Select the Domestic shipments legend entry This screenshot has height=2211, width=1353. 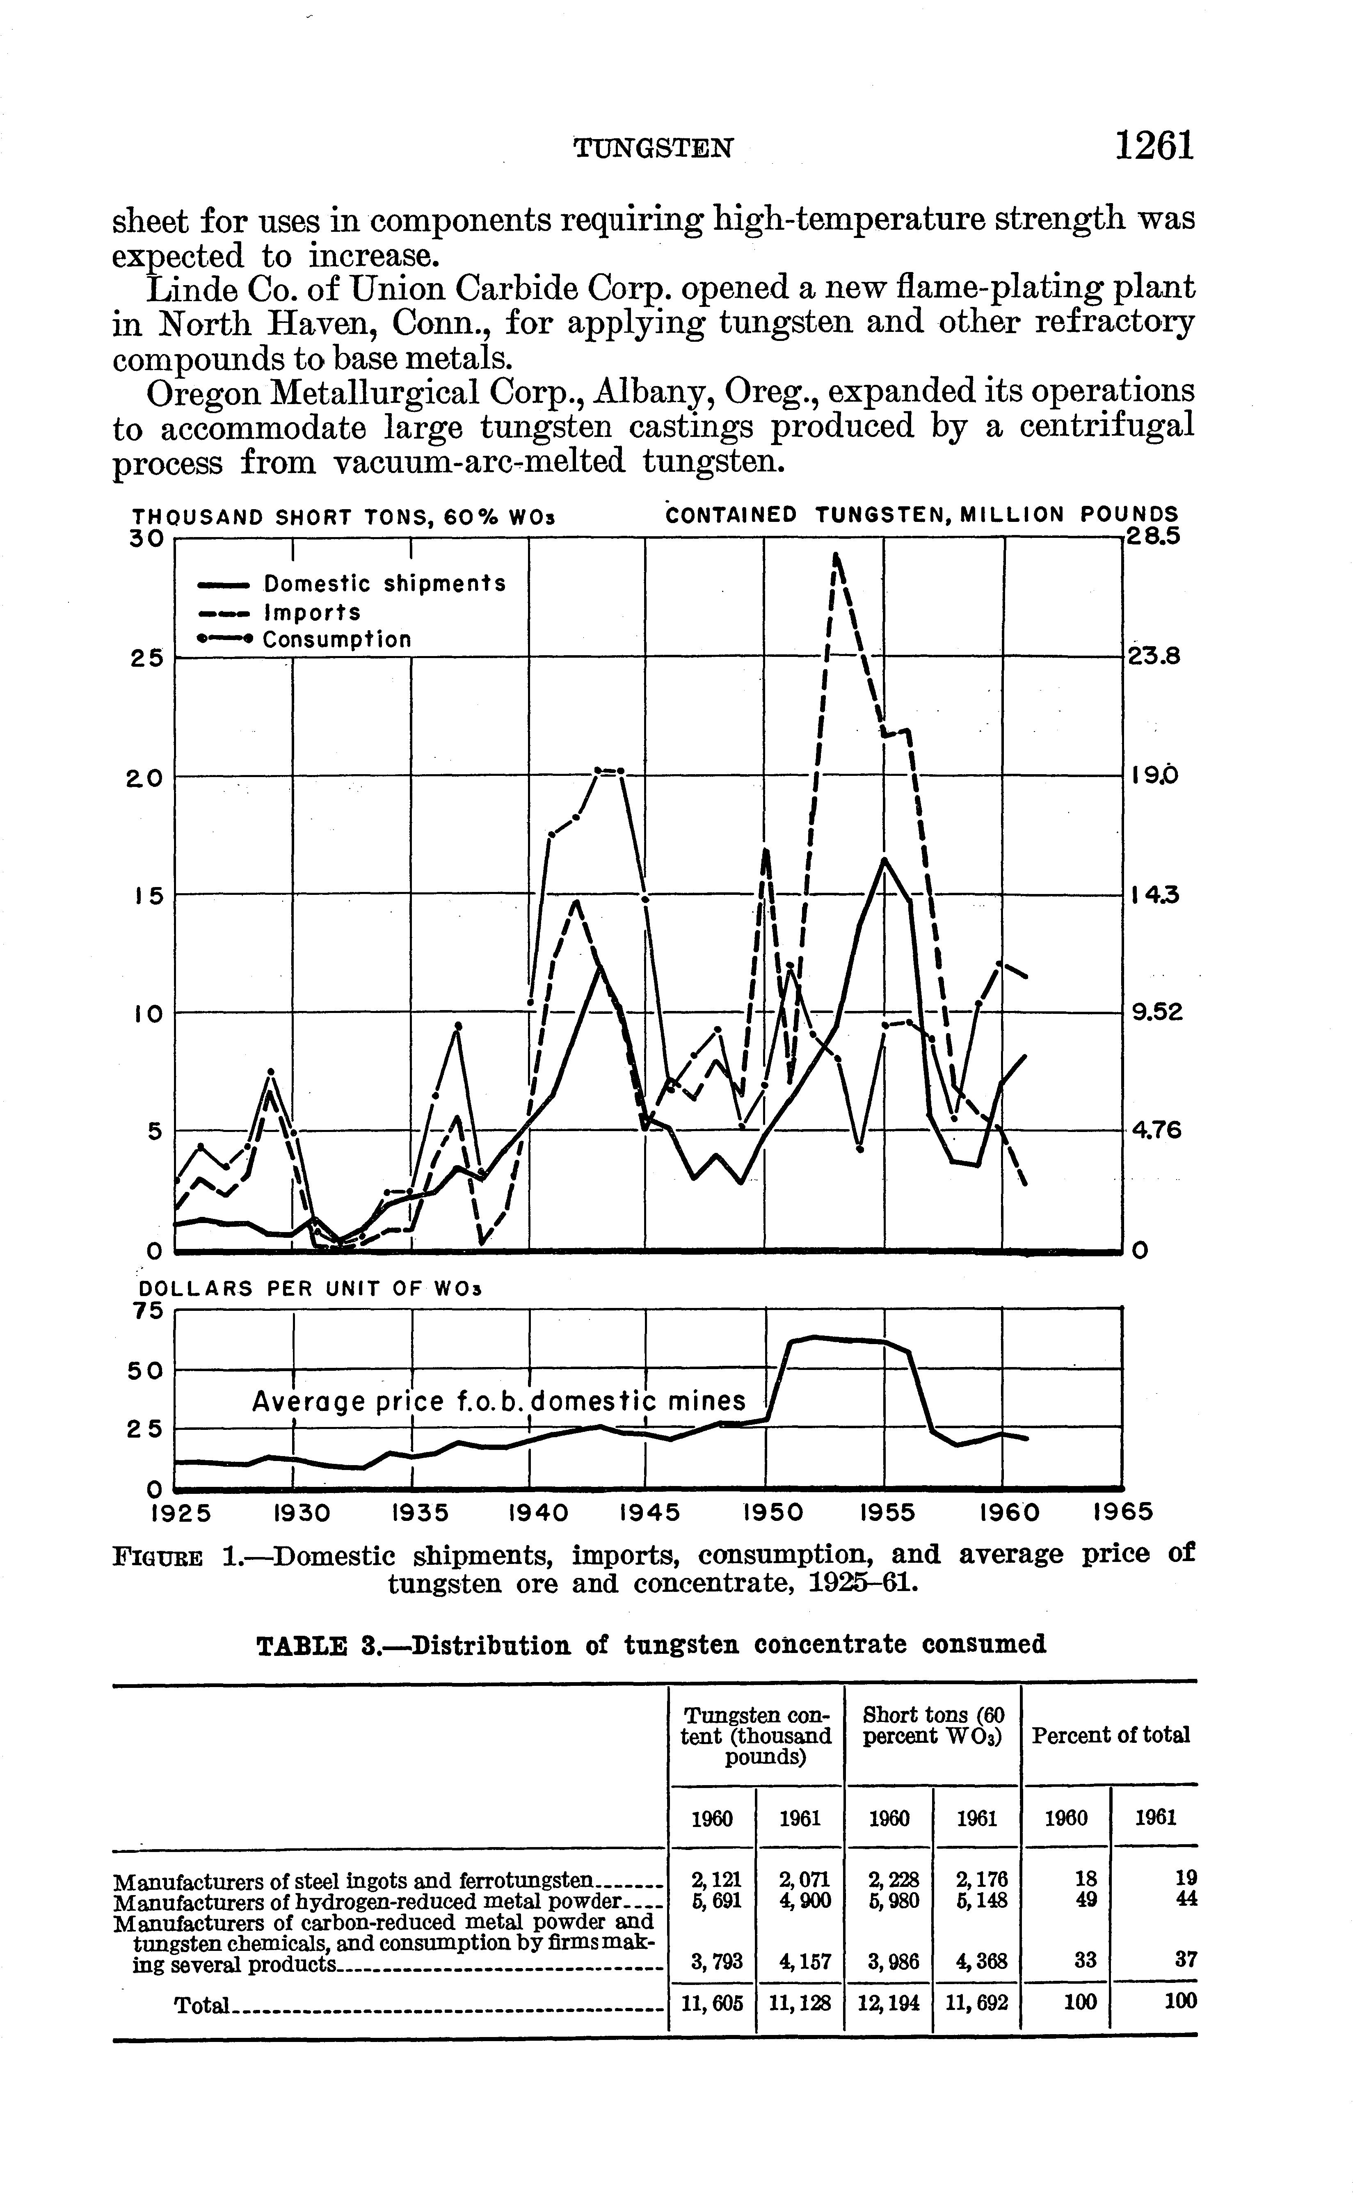(384, 584)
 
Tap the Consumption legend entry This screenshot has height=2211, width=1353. (336, 640)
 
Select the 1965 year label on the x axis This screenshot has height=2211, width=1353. (1122, 1513)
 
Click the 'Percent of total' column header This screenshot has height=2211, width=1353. (1110, 1735)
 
